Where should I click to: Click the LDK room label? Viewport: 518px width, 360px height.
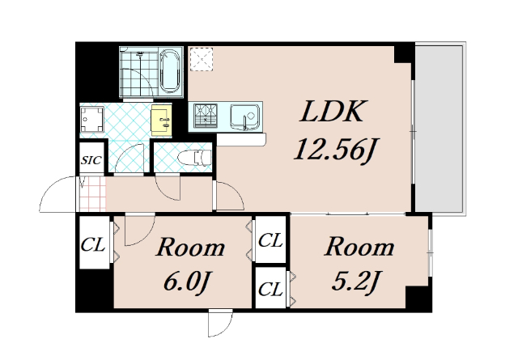(333, 112)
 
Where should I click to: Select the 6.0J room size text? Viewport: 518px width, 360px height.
(187, 282)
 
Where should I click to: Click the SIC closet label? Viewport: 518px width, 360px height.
(91, 160)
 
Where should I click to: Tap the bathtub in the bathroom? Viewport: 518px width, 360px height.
(170, 71)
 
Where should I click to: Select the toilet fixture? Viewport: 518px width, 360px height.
(194, 157)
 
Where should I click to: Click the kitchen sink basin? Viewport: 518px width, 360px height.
(244, 116)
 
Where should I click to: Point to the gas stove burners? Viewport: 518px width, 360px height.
(206, 115)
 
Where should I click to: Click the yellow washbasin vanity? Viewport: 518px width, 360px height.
(162, 121)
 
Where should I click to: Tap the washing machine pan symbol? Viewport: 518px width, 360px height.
(92, 119)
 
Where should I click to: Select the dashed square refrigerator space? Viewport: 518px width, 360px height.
(202, 59)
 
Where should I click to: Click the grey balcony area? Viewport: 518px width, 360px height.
(439, 129)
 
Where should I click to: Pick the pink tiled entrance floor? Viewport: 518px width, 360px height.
(93, 194)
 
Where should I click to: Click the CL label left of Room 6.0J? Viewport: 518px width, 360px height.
(93, 245)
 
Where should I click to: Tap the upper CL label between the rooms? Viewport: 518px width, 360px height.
(270, 240)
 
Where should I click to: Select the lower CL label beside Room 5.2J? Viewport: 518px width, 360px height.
(270, 289)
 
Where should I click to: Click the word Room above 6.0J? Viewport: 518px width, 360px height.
(191, 248)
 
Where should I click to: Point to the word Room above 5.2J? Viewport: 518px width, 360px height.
(359, 247)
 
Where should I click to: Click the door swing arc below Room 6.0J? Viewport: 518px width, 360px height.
(224, 328)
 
